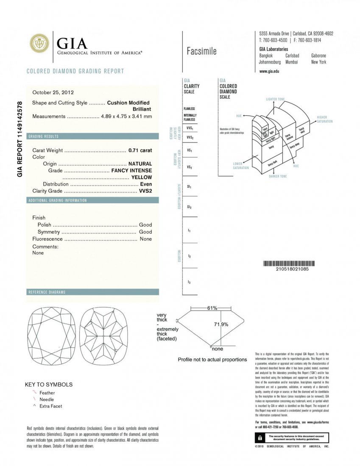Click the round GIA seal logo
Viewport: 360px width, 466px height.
[x=39, y=43]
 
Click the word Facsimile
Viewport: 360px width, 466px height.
[x=201, y=51]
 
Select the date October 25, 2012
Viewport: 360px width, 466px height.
[x=53, y=92]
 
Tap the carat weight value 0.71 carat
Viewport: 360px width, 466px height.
[x=140, y=150]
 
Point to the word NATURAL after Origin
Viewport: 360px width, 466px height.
[x=140, y=164]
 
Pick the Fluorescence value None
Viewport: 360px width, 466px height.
[x=145, y=239]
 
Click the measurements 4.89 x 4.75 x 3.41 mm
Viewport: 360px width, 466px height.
[x=126, y=116]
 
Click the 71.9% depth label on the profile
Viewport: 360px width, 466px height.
[x=220, y=324]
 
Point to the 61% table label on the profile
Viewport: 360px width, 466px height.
[x=212, y=308]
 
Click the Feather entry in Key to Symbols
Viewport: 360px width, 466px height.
[x=47, y=393]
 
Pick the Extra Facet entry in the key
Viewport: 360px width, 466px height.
[x=50, y=406]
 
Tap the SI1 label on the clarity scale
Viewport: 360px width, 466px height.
[x=189, y=186]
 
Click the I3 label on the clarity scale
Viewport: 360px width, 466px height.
[x=189, y=282]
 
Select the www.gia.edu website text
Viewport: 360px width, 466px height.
[x=269, y=71]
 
